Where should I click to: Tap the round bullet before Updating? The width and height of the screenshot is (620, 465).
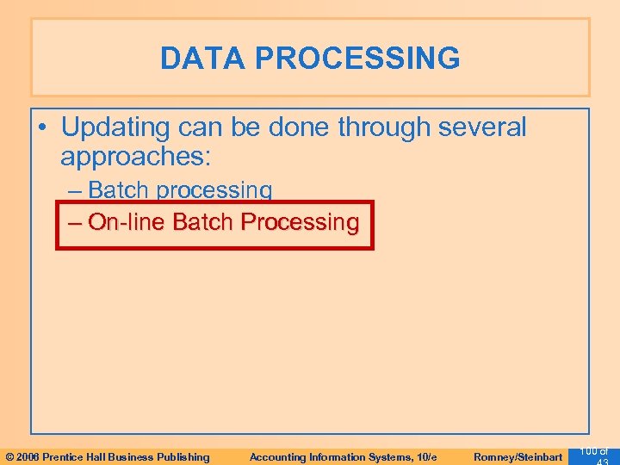pos(43,128)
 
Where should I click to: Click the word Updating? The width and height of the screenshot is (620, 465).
pos(115,127)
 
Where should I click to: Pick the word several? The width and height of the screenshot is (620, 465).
pos(481,127)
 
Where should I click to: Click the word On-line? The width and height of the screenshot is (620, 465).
pos(127,222)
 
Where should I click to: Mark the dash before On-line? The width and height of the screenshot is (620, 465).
pos(76,222)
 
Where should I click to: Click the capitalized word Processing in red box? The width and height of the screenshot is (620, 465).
pos(300,222)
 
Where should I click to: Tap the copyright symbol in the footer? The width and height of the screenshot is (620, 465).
pos(9,456)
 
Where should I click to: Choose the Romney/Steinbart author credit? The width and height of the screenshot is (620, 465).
pos(517,456)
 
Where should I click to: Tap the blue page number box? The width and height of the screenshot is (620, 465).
pos(593,455)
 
